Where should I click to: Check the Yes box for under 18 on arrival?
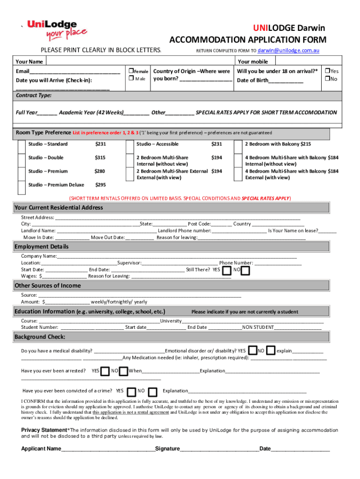(327, 71)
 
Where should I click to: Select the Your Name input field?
(140, 61)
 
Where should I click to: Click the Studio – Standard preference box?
(22, 147)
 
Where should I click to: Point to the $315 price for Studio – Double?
(100, 158)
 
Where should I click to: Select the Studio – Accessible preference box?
(130, 147)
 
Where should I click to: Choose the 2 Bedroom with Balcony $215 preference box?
(238, 147)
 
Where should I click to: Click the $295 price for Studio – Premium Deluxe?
(100, 185)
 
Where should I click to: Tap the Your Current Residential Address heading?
(59, 208)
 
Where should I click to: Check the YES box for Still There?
(226, 270)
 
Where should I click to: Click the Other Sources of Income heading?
(48, 286)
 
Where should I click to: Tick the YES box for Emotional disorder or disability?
(252, 351)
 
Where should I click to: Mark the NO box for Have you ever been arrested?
(123, 371)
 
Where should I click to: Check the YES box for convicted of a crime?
(131, 391)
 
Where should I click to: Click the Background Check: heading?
(40, 337)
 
